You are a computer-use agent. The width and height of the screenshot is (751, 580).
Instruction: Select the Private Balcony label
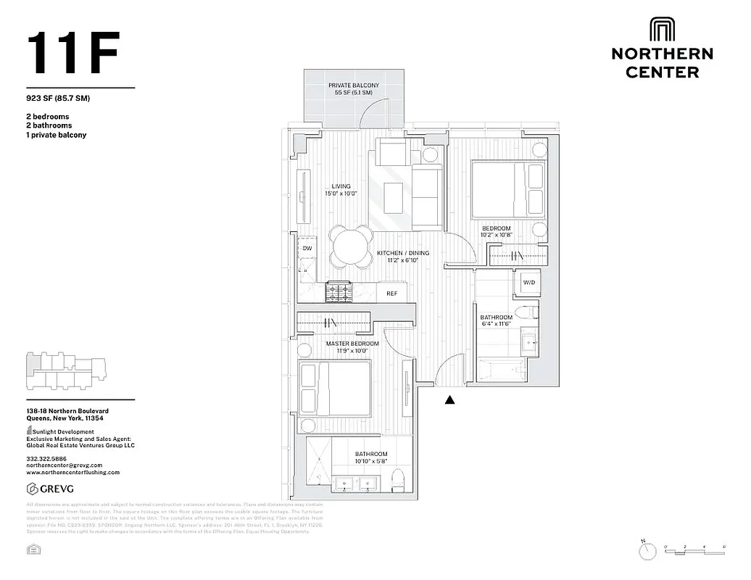(354, 89)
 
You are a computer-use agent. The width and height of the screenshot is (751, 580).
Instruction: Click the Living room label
(341, 190)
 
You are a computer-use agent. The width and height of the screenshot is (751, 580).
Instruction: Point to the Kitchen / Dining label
(403, 257)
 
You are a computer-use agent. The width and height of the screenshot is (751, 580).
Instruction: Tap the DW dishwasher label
(307, 249)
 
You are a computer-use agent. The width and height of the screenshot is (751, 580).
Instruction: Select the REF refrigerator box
(391, 294)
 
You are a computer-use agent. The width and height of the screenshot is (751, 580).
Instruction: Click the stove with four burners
(339, 291)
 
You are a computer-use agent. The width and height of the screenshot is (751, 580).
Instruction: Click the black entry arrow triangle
(449, 399)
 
